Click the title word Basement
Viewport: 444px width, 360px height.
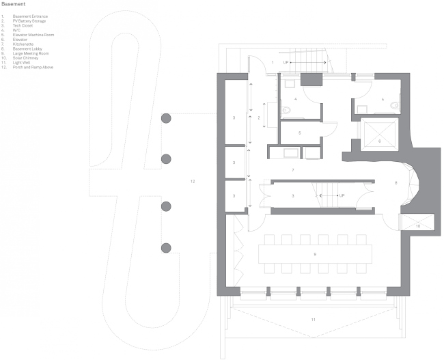(14, 4)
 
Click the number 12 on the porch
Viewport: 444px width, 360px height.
(193, 181)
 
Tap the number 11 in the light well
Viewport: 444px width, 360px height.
(313, 320)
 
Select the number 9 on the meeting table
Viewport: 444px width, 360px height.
(314, 254)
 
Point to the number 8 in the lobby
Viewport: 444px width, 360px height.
(396, 183)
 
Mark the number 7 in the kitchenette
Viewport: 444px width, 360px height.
(292, 169)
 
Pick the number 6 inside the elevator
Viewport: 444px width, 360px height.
(380, 141)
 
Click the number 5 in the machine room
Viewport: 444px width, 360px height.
(299, 133)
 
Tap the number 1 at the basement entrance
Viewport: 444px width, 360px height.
(273, 62)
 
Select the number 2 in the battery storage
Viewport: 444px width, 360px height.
(258, 117)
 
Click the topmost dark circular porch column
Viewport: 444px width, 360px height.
(165, 119)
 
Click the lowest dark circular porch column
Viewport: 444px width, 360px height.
(165, 247)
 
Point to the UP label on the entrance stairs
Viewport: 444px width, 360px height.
(286, 62)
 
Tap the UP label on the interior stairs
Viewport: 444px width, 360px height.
(342, 195)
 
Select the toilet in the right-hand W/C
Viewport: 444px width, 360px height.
(400, 106)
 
